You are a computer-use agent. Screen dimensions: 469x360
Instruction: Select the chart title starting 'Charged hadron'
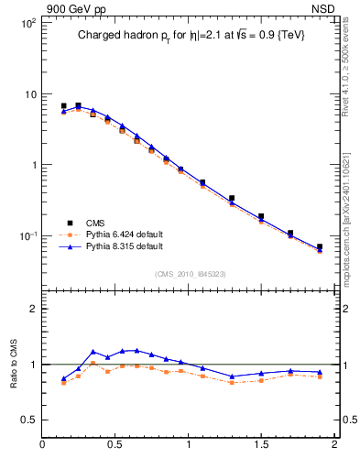[x=191, y=35]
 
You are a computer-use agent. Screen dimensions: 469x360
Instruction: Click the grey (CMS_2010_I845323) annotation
[x=191, y=272]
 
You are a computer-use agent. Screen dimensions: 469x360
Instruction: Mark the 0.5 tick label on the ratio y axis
[x=27, y=420]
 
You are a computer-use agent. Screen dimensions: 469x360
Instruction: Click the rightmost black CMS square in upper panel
[x=320, y=247]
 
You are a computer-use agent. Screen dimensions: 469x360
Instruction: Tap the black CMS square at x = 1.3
[x=232, y=198]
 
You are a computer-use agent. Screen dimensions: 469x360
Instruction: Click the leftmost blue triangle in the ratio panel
[x=63, y=378]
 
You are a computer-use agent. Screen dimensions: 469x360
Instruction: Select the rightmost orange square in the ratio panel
[x=320, y=376]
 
